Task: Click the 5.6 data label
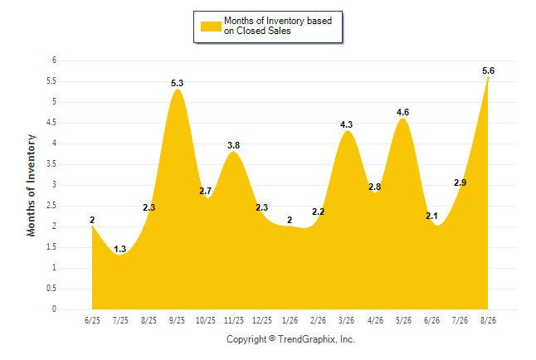click(x=488, y=71)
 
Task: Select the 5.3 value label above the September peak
click(x=177, y=83)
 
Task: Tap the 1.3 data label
click(x=120, y=249)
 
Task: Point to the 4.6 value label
click(x=402, y=112)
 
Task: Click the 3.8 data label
click(x=233, y=145)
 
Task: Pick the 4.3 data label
click(x=346, y=124)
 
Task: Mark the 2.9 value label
click(x=460, y=183)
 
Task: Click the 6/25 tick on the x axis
click(x=92, y=320)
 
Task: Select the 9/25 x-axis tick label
click(x=177, y=320)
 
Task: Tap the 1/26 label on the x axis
click(x=290, y=320)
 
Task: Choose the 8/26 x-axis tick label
click(x=488, y=320)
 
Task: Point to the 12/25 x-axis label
click(x=262, y=320)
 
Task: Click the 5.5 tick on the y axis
click(x=51, y=81)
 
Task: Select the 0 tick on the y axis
click(x=54, y=309)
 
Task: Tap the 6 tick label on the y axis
click(x=54, y=61)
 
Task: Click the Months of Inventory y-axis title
click(x=31, y=185)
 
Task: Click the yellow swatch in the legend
click(x=211, y=27)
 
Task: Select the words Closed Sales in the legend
click(x=264, y=31)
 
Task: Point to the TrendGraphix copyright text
click(x=290, y=339)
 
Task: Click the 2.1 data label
click(x=431, y=216)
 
